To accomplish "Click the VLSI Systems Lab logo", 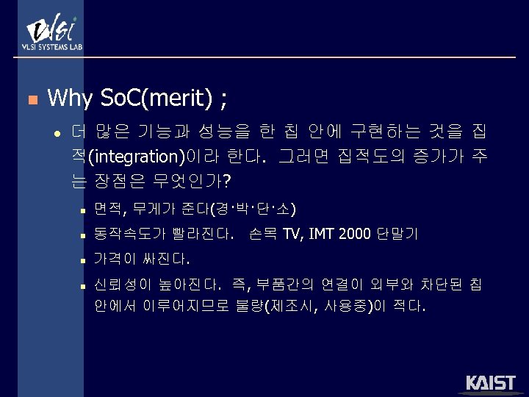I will (x=51, y=33).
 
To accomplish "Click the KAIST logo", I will (x=492, y=383).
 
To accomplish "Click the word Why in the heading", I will (x=69, y=97).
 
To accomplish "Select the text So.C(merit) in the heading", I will (x=156, y=97).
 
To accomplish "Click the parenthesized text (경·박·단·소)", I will (x=253, y=210).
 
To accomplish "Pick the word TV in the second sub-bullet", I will (x=292, y=235).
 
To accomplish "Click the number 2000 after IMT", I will (x=355, y=235).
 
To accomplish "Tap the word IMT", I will (x=321, y=235).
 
